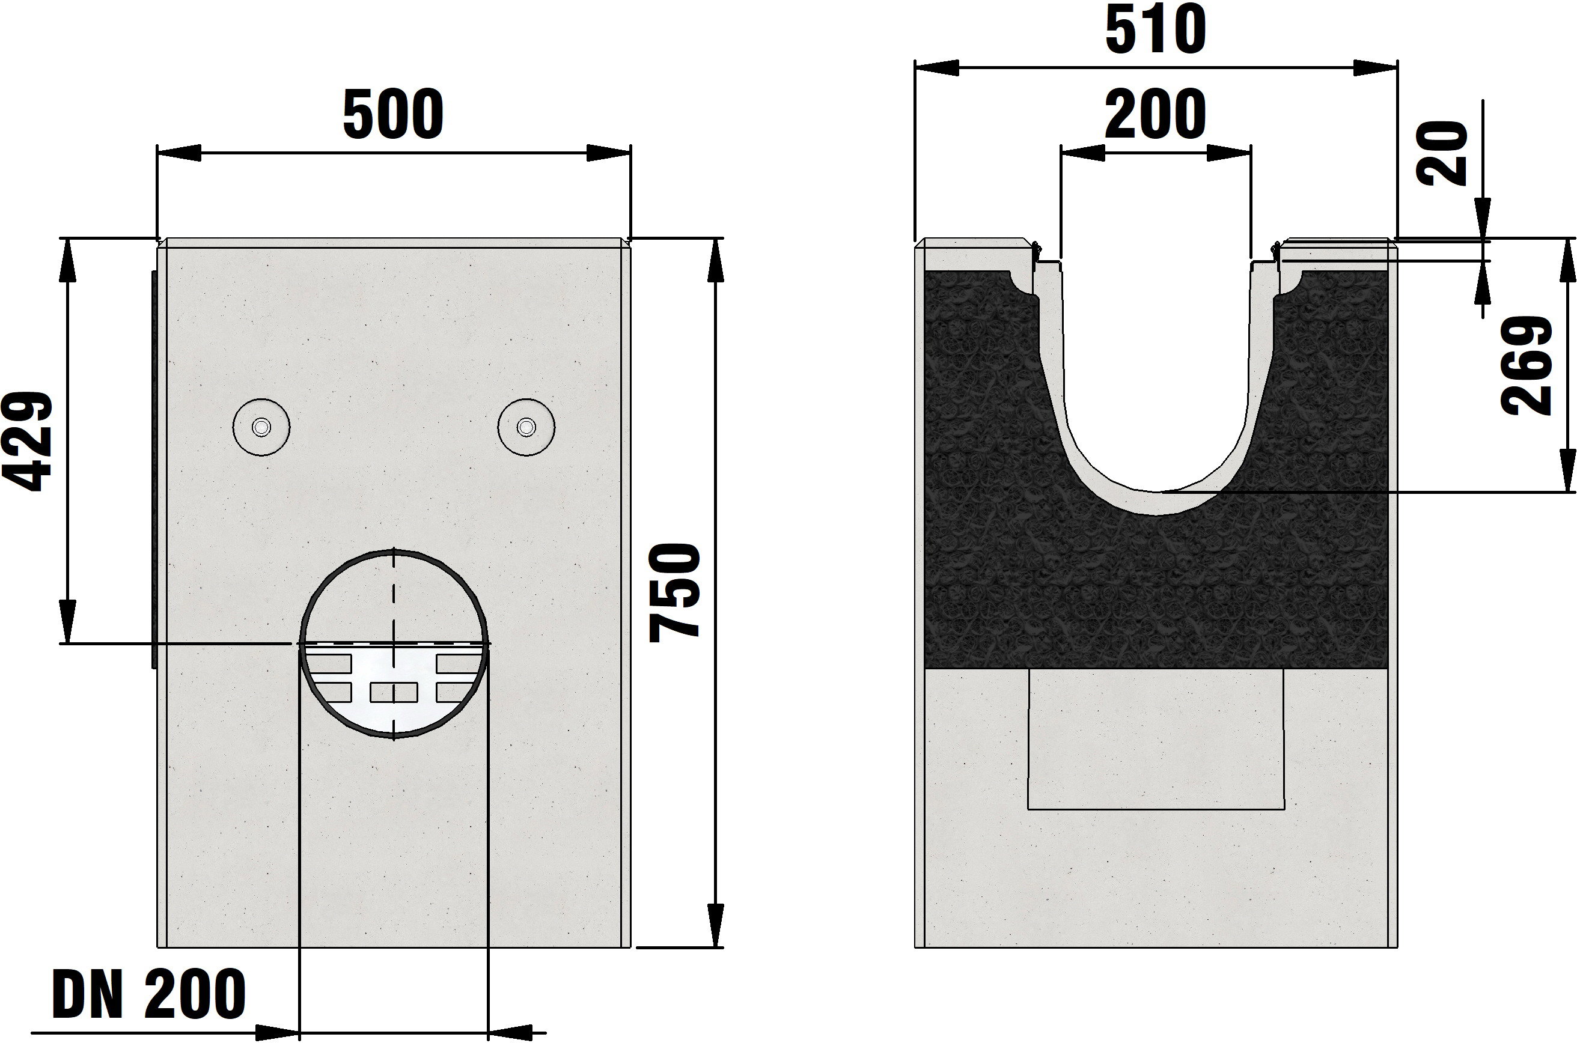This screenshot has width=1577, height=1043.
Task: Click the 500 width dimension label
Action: pyautogui.click(x=393, y=114)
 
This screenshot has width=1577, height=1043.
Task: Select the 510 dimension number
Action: pyautogui.click(x=1156, y=30)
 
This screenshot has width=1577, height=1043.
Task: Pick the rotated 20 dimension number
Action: pyautogui.click(x=1442, y=154)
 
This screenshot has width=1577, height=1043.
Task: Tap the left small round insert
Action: pyautogui.click(x=261, y=427)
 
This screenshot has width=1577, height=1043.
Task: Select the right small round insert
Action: pyautogui.click(x=526, y=427)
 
